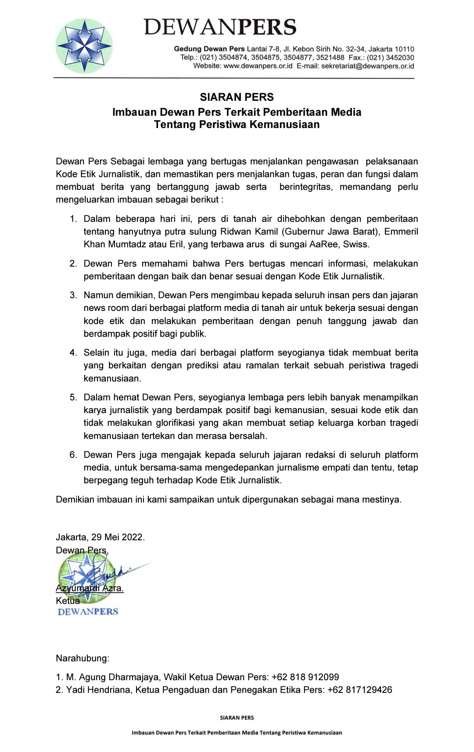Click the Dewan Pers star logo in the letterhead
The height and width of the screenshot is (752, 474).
(84, 45)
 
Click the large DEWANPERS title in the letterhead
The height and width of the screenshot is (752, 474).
(220, 27)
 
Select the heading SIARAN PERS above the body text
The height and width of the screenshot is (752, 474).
(237, 97)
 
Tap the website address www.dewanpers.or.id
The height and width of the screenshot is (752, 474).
(258, 66)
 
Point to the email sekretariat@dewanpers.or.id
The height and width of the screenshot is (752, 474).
(368, 66)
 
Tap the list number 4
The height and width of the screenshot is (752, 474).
(73, 353)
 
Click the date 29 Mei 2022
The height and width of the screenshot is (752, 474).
(118, 537)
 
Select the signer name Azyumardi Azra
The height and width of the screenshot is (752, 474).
(90, 588)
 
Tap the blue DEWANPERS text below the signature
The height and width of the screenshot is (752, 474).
(88, 612)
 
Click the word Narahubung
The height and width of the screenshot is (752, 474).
(83, 658)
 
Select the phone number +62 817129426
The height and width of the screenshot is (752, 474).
(359, 690)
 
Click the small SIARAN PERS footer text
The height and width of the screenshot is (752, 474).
(237, 718)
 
